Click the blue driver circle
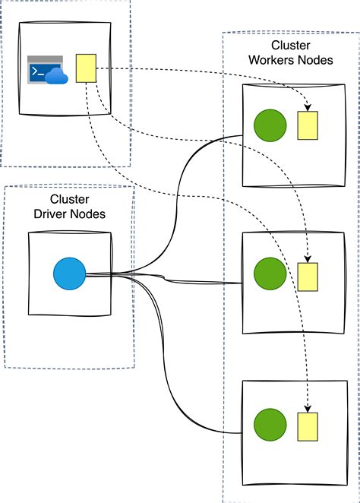point(70,274)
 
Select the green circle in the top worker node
point(270,125)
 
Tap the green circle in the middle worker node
point(270,274)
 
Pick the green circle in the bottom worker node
point(270,425)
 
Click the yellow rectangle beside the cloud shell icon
point(86,68)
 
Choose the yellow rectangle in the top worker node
point(308,125)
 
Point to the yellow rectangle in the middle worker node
point(308,277)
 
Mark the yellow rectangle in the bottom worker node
point(308,427)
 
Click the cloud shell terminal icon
point(47,70)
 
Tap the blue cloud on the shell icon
point(56,76)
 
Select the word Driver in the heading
point(50,214)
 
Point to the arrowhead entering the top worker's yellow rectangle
point(308,107)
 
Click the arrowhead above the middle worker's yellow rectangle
point(308,259)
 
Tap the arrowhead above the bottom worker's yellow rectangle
point(308,409)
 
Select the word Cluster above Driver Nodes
point(70,199)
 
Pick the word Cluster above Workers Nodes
point(291,46)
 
